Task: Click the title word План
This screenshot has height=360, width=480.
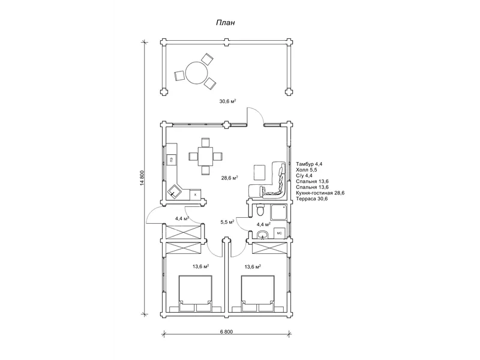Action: coord(226,23)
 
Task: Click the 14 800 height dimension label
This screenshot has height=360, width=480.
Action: coord(142,179)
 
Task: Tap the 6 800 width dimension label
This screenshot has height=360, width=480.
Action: coord(226,332)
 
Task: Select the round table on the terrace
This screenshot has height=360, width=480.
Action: coord(197,72)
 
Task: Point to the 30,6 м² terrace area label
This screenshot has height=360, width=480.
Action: coord(227,101)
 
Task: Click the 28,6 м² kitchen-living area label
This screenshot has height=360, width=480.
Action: coord(230,178)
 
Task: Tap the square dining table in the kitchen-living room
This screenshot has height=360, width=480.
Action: coord(205,157)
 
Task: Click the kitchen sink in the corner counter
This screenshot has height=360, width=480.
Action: coord(175,191)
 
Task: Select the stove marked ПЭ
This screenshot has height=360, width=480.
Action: coord(172,160)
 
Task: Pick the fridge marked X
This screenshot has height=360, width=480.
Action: coord(196,194)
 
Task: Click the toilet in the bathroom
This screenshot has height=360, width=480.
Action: coord(260,210)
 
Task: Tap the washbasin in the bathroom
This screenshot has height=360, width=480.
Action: coord(262,235)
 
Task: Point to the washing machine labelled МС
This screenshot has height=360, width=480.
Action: coord(279,233)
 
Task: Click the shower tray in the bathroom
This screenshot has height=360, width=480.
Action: coord(279,212)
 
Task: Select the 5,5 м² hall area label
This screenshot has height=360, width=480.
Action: coord(227,222)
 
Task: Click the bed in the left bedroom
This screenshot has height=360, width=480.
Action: coord(196,293)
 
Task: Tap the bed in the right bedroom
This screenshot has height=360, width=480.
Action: coord(257,293)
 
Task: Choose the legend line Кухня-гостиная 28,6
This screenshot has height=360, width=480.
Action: coord(320,193)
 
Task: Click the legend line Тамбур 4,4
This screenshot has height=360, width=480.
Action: coord(309,164)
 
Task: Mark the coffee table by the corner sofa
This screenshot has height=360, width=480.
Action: coord(260,173)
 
